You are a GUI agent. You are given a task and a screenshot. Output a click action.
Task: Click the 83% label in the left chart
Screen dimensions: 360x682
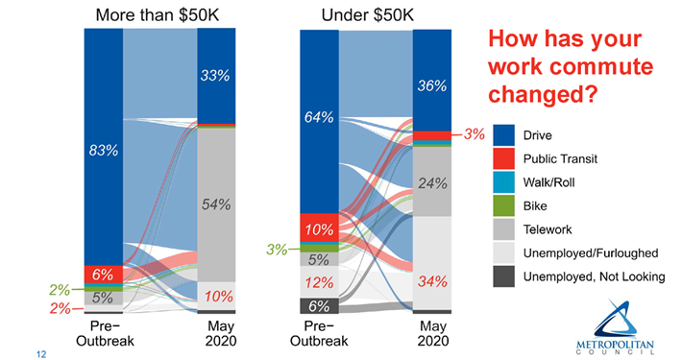pos(103,150)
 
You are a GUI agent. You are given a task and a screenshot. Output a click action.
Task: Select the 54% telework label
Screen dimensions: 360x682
pos(216,204)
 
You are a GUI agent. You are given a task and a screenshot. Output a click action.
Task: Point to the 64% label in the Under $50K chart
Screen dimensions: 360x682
pos(318,117)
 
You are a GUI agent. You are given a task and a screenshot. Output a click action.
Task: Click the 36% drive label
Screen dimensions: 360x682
pos(432,85)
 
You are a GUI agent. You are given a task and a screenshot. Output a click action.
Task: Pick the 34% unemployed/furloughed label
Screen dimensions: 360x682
pos(432,282)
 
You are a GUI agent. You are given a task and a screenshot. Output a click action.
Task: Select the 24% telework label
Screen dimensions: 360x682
pos(432,182)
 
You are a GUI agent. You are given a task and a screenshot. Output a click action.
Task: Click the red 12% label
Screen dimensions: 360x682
pos(318,282)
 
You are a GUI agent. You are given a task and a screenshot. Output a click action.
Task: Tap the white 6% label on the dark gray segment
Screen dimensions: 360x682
pos(318,305)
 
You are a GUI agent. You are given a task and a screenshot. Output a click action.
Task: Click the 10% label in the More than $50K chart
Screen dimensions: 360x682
pos(216,295)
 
